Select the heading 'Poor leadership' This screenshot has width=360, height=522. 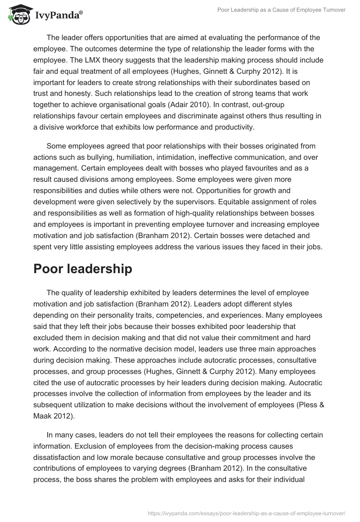click(x=83, y=269)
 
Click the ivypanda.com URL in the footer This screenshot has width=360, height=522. click(x=246, y=513)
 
